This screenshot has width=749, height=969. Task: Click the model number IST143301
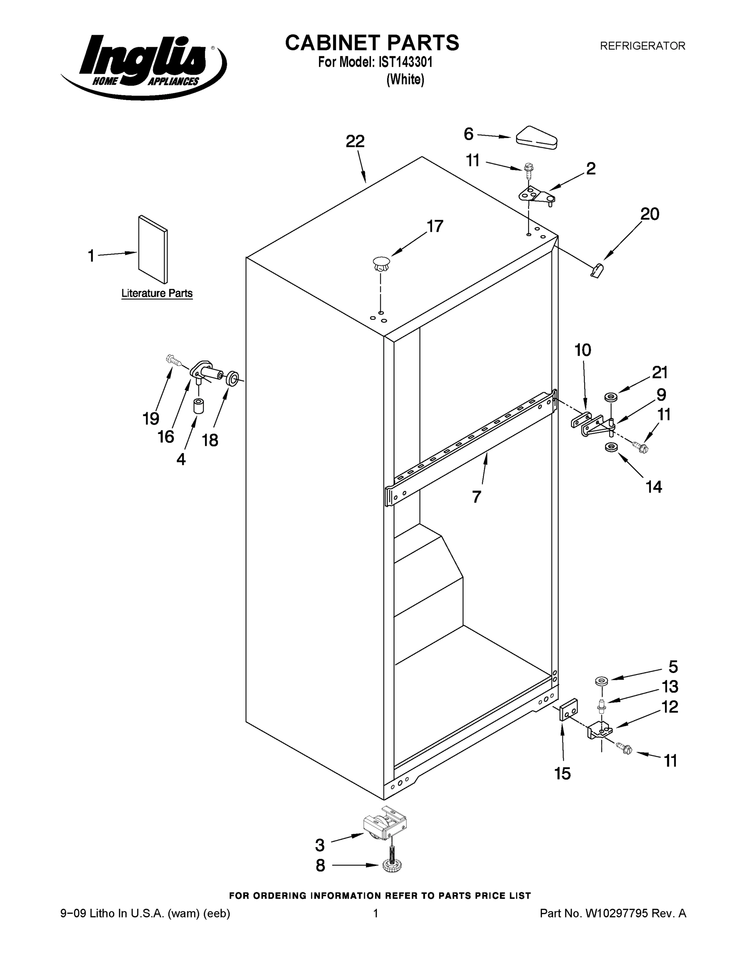[405, 63]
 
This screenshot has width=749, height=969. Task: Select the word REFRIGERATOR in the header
[642, 46]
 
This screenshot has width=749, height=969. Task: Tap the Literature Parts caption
[157, 293]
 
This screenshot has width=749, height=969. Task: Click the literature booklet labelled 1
[153, 250]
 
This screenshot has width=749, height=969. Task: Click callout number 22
[355, 142]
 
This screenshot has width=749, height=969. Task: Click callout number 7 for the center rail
[476, 497]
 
